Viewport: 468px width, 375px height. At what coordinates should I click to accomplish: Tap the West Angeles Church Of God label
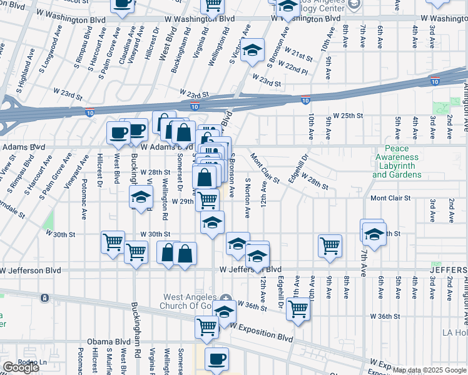[189, 301]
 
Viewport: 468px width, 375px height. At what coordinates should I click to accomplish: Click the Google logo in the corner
[21, 367]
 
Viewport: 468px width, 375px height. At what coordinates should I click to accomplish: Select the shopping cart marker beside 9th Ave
[330, 245]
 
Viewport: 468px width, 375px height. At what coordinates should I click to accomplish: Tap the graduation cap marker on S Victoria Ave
[252, 51]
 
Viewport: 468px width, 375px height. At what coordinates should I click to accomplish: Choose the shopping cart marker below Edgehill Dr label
[298, 309]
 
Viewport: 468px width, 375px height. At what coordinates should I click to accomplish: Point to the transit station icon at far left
[44, 298]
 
